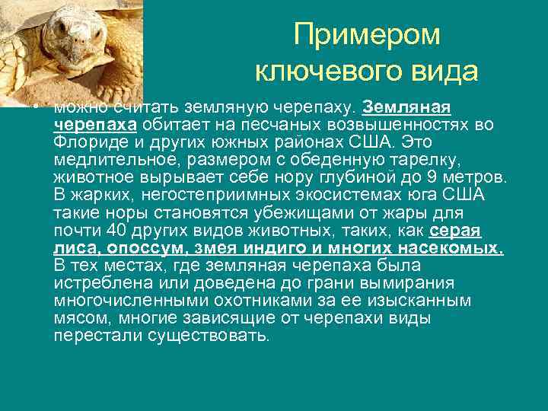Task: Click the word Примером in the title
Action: pyautogui.click(x=367, y=34)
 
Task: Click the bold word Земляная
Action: pyautogui.click(x=408, y=107)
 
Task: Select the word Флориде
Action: pyautogui.click(x=88, y=141)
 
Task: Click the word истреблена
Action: pyautogui.click(x=104, y=282)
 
